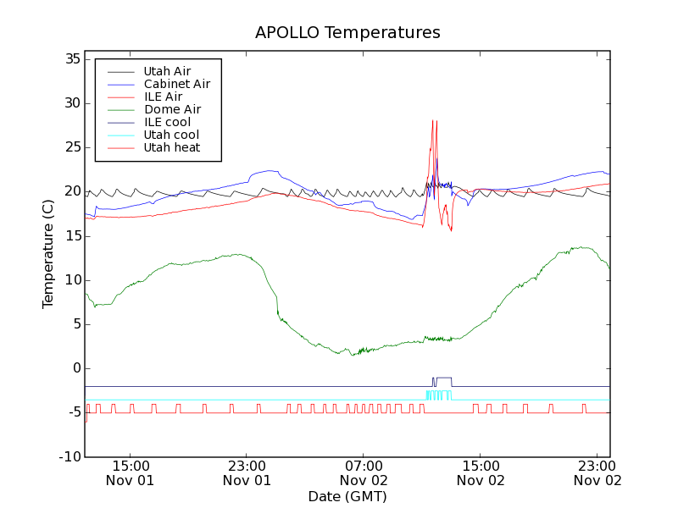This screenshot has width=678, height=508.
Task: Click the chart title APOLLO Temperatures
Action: click(347, 33)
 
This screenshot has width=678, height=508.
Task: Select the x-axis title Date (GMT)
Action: click(347, 496)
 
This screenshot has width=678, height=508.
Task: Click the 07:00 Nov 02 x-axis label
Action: click(364, 472)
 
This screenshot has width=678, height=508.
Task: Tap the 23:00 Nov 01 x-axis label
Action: click(247, 472)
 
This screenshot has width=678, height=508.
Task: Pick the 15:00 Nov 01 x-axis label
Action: click(130, 472)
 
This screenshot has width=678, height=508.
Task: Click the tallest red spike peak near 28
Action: click(433, 120)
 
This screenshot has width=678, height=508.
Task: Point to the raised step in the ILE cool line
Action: click(443, 378)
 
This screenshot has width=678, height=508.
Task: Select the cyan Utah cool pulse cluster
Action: click(438, 395)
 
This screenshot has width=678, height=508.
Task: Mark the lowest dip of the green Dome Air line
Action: click(339, 354)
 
